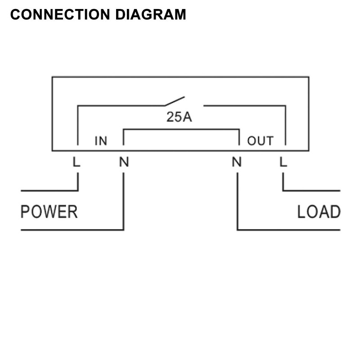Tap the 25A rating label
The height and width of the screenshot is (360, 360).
click(x=179, y=117)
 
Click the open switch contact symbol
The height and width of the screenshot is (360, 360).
click(x=174, y=101)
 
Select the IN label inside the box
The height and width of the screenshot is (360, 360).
click(x=101, y=141)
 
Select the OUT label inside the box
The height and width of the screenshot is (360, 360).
click(x=260, y=141)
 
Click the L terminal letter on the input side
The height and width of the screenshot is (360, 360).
click(x=76, y=162)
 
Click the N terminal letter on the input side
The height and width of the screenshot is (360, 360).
click(x=124, y=162)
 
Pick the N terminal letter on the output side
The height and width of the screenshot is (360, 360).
click(x=237, y=162)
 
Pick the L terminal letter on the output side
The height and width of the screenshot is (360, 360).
click(x=283, y=162)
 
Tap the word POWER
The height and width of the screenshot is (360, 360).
click(x=49, y=211)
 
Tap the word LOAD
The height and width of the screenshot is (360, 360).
click(x=318, y=211)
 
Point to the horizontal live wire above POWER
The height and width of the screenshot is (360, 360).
click(x=49, y=190)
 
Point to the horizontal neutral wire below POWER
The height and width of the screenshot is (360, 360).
click(x=72, y=230)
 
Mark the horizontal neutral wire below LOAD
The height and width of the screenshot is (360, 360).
click(x=288, y=230)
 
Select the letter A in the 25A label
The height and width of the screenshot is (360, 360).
click(x=187, y=117)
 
